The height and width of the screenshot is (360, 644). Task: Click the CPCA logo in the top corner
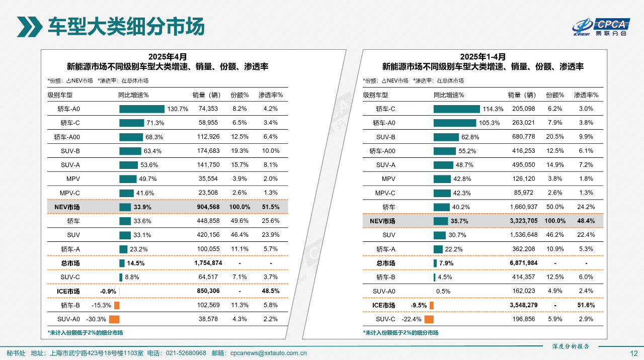[x=601, y=27]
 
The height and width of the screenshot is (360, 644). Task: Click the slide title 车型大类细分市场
[x=126, y=26]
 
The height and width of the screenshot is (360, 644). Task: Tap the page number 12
[x=634, y=353]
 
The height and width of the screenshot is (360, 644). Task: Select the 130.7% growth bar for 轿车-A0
[x=142, y=109]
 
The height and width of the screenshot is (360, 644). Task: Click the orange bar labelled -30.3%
[x=114, y=319]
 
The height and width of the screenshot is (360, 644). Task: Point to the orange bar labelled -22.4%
[x=429, y=319]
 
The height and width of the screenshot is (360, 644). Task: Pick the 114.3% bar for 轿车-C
[x=456, y=109]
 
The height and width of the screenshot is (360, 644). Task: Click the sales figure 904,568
[x=208, y=207]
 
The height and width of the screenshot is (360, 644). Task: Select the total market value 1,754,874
[x=208, y=263]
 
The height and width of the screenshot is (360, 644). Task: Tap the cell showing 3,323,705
[x=523, y=221]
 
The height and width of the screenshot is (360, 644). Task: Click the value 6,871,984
[x=523, y=263]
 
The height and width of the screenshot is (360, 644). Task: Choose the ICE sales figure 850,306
[x=208, y=291]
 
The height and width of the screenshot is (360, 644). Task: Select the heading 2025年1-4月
[x=482, y=57]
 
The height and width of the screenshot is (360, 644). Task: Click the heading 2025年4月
[x=167, y=57]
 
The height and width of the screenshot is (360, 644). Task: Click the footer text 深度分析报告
[x=571, y=346]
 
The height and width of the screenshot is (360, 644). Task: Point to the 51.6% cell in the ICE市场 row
[x=586, y=305]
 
